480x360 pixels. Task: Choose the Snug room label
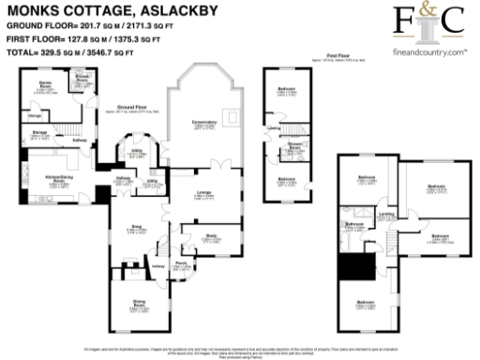[x=134, y=226]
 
